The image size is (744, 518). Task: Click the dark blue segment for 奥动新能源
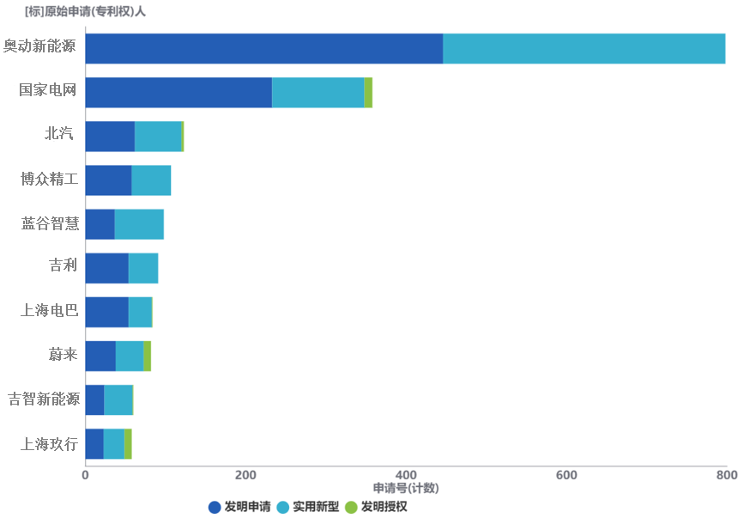click(263, 49)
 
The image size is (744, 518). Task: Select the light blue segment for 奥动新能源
click(584, 49)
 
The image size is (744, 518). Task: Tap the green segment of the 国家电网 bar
click(368, 93)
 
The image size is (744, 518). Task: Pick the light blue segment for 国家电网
click(318, 93)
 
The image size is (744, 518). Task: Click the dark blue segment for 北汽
click(110, 137)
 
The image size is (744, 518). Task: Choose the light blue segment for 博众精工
click(151, 180)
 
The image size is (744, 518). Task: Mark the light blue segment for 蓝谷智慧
click(139, 224)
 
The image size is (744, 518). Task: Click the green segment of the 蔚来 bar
click(148, 357)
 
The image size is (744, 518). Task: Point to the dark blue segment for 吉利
click(106, 269)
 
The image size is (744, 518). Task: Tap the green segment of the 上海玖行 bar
click(128, 444)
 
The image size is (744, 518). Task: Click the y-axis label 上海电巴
click(49, 310)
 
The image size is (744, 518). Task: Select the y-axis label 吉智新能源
click(44, 399)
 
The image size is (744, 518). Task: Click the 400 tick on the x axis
click(406, 475)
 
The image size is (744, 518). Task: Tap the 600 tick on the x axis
click(566, 475)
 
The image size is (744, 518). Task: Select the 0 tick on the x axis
click(85, 475)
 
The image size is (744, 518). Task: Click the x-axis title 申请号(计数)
click(406, 488)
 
